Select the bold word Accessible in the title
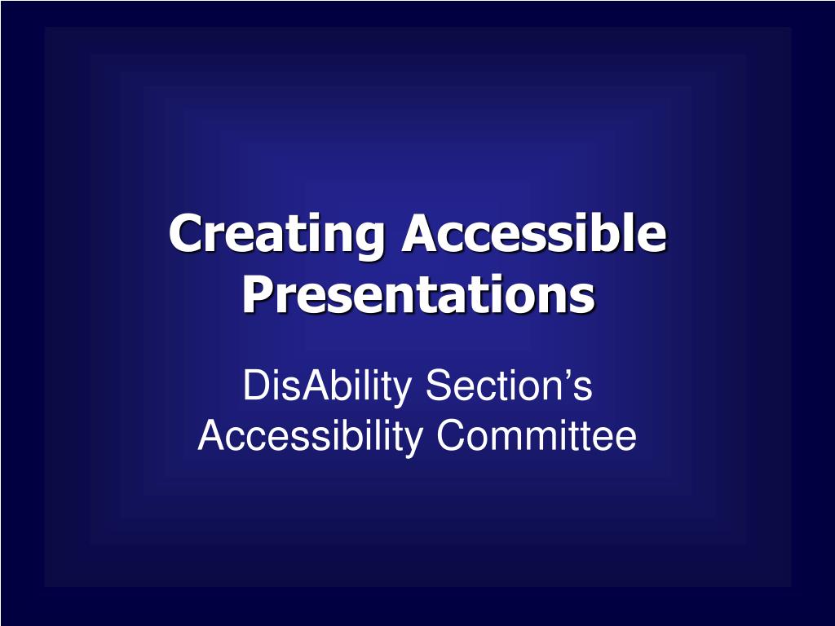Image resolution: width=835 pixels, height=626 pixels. pos(533,234)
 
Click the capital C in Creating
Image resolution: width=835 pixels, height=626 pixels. pos(186,234)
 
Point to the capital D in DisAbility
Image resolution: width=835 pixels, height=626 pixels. pos(254,386)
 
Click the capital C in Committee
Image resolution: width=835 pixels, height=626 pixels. pos(450,436)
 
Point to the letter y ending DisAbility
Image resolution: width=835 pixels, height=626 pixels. pos(403,391)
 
